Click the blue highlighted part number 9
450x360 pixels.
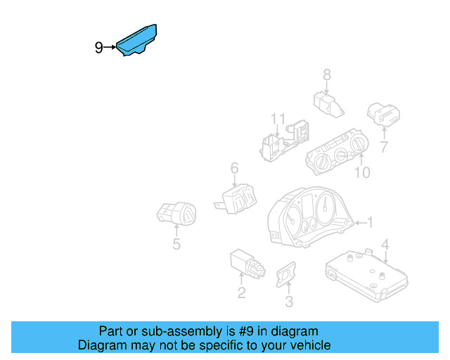click(138, 41)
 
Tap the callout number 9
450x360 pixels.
click(99, 48)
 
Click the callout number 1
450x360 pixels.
click(371, 223)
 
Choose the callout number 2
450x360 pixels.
click(241, 293)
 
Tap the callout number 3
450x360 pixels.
click(288, 302)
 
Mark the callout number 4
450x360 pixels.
click(385, 245)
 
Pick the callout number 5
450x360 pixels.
click(176, 244)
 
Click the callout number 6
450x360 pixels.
click(234, 168)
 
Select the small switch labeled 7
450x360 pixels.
click(384, 114)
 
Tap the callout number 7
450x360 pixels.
click(384, 147)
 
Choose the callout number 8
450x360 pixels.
click(327, 74)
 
